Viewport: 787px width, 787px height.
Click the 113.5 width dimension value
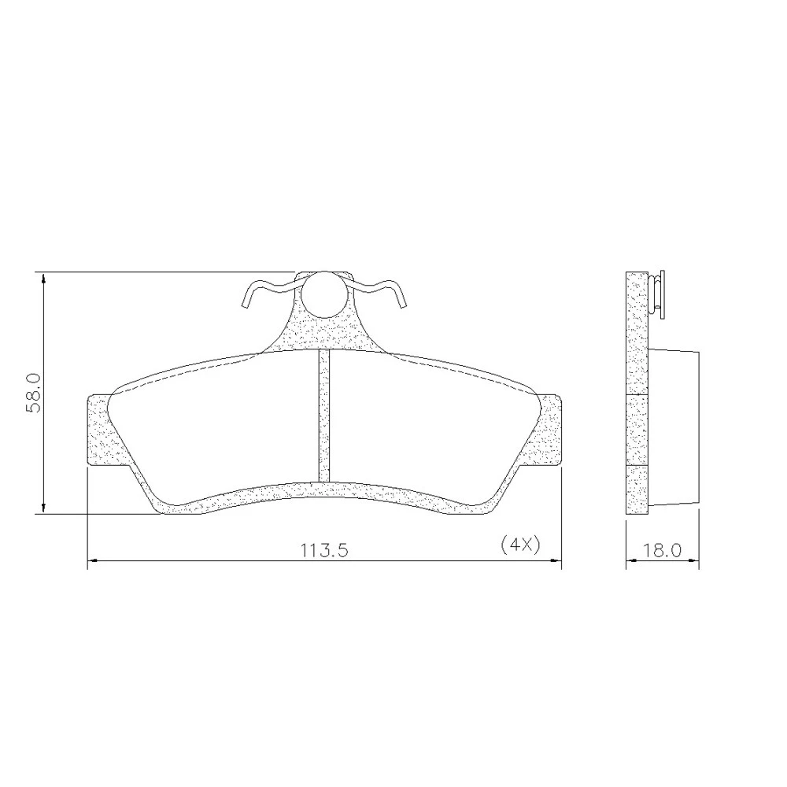324,551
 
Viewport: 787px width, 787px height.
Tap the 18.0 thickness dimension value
663,550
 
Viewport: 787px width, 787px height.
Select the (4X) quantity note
520,545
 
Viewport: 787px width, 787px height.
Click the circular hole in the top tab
324,294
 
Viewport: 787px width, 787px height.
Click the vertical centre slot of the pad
325,416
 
